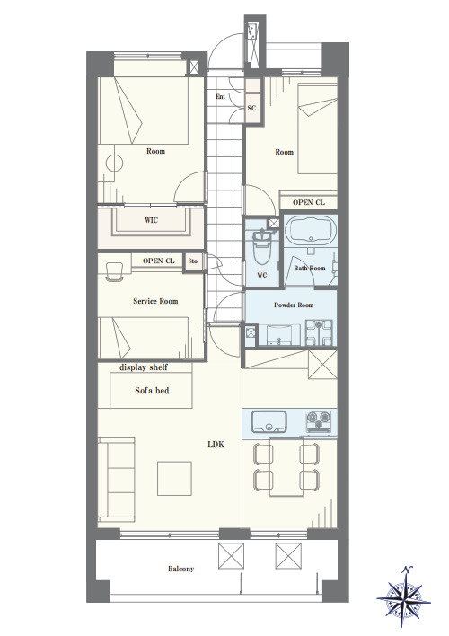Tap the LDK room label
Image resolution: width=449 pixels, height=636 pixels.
216,445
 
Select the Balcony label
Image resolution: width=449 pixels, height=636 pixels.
180,569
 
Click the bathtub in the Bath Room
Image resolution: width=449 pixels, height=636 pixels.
311,230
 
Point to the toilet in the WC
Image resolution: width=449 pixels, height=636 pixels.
260,248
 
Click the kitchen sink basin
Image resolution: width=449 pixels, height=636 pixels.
269,422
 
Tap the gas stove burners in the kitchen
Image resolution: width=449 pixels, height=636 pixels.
319,422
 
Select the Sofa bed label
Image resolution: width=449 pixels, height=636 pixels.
152,391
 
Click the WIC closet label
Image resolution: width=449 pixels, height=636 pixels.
151,221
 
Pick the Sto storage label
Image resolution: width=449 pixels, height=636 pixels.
193,261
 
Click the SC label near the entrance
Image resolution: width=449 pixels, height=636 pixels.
251,108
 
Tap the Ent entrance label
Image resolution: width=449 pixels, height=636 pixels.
220,96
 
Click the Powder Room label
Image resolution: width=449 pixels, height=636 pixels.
294,305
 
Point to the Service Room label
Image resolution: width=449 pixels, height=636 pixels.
155,301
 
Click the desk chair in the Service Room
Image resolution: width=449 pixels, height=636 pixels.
114,271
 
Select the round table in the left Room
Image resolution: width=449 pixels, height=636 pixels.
114,163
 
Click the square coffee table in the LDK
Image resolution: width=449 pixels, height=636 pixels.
174,478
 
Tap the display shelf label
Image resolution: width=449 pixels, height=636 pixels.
143,367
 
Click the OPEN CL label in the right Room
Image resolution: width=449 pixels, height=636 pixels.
309,202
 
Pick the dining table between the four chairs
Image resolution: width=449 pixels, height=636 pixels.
286,467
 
